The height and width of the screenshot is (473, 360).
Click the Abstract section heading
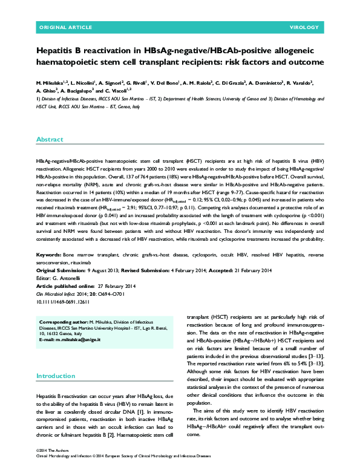pos(49,139)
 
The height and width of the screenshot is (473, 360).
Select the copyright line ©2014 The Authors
pos(54,451)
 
